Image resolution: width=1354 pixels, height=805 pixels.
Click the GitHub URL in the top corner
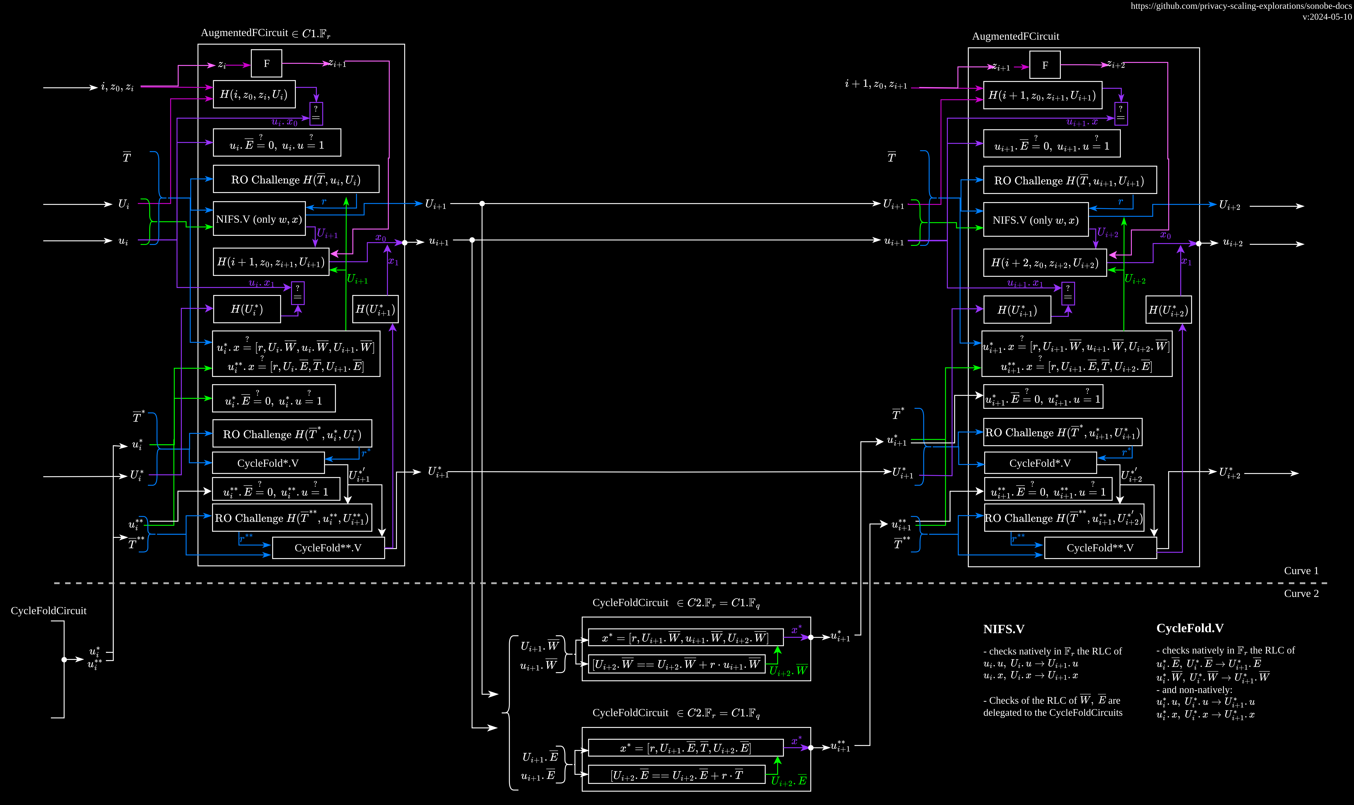(x=1241, y=6)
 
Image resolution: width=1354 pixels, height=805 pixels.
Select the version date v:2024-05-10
(x=1327, y=17)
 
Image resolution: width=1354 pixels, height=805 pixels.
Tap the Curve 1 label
(x=1301, y=571)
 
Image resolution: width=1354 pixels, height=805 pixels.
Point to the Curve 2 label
(x=1301, y=593)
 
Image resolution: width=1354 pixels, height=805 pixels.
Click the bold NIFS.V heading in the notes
(x=1004, y=629)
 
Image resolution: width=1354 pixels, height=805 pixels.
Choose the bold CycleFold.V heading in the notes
(x=1190, y=628)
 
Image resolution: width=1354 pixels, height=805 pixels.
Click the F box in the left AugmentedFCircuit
(x=266, y=63)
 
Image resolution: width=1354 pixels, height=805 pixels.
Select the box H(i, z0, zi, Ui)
(x=254, y=94)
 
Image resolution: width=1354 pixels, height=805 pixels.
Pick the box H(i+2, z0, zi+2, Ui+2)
(x=1045, y=263)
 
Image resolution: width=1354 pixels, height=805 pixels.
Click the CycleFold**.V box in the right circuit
(x=1100, y=548)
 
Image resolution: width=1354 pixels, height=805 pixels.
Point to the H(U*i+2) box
(x=1169, y=310)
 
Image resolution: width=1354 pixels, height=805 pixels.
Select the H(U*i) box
(x=247, y=309)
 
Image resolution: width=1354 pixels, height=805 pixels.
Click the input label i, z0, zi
(x=117, y=87)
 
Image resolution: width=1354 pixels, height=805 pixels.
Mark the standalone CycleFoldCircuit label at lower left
(x=49, y=611)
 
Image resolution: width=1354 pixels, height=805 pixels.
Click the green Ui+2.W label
(x=788, y=670)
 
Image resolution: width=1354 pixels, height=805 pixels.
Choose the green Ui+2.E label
(x=789, y=781)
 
